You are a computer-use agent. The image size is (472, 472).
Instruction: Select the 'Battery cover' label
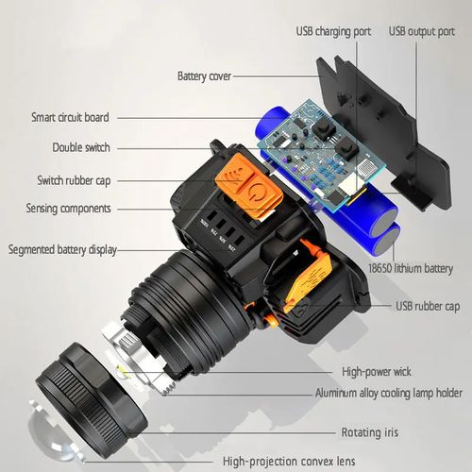click(x=205, y=76)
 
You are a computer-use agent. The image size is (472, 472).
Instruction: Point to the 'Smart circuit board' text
click(x=70, y=118)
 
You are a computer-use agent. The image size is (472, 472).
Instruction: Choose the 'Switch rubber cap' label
click(x=76, y=179)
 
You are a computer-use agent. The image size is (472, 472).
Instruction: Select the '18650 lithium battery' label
click(x=413, y=269)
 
